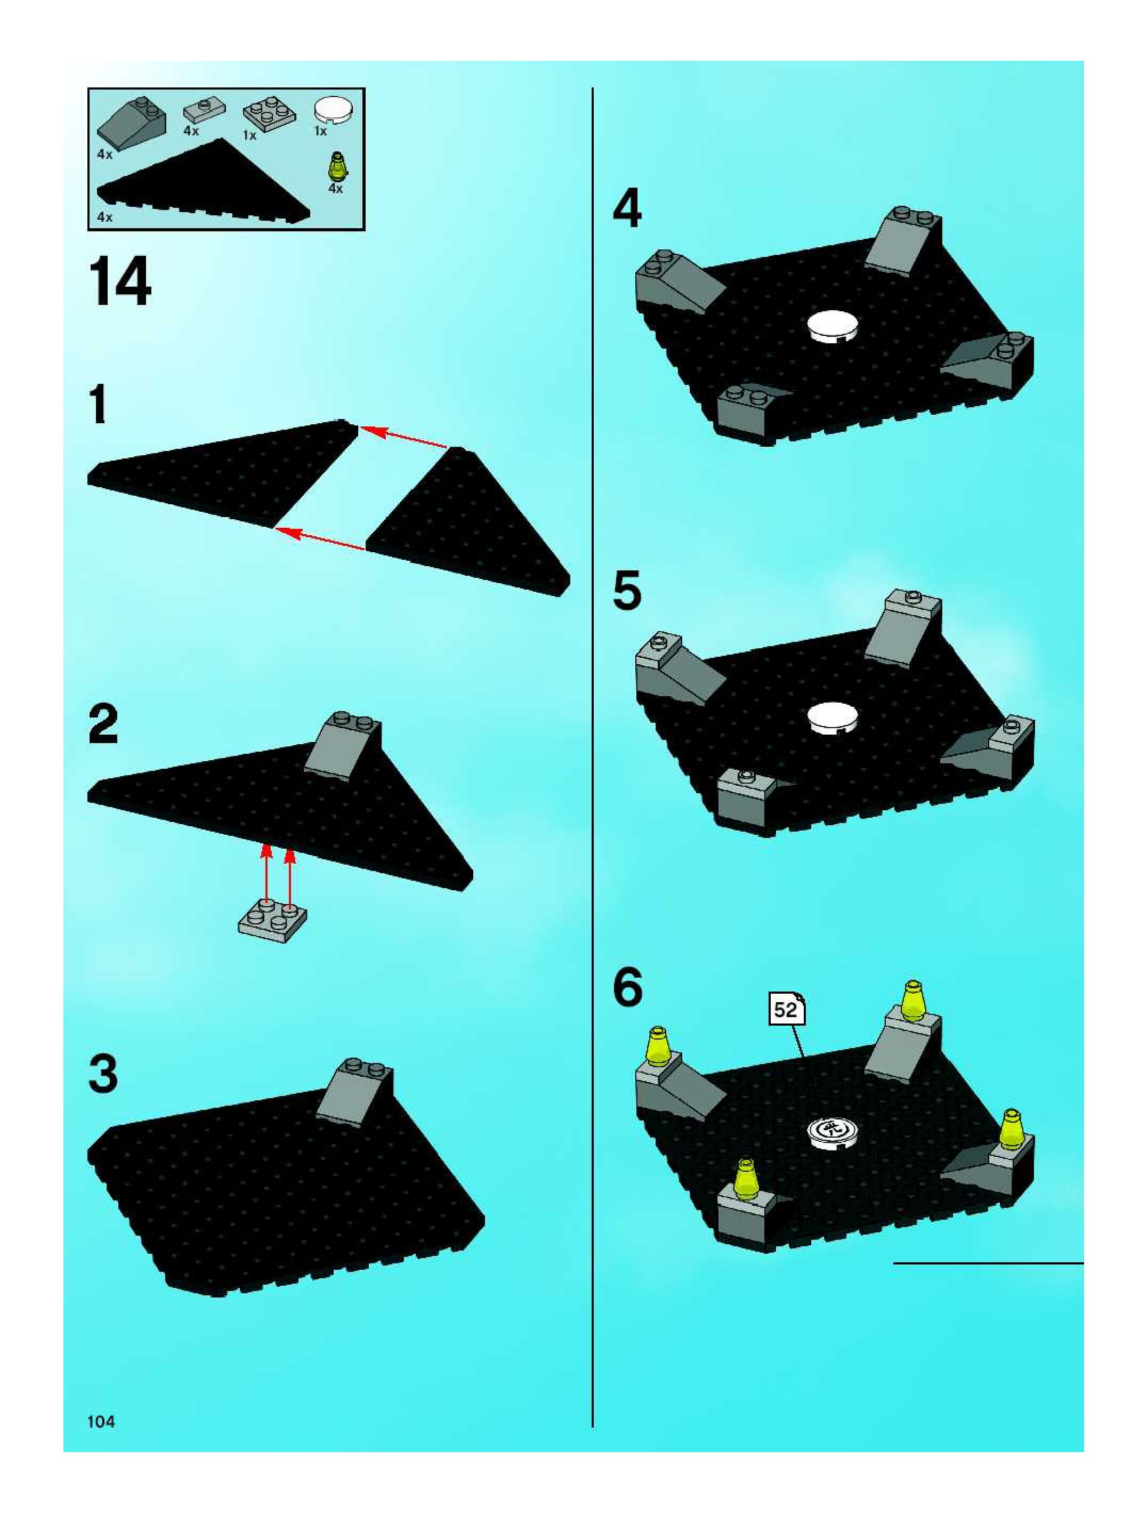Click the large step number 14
point(119,281)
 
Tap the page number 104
point(101,1421)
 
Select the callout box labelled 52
point(786,1010)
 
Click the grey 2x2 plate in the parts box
point(269,113)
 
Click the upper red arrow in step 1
point(404,438)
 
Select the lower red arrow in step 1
point(320,538)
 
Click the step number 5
point(627,591)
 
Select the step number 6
point(628,987)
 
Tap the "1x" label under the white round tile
point(320,131)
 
